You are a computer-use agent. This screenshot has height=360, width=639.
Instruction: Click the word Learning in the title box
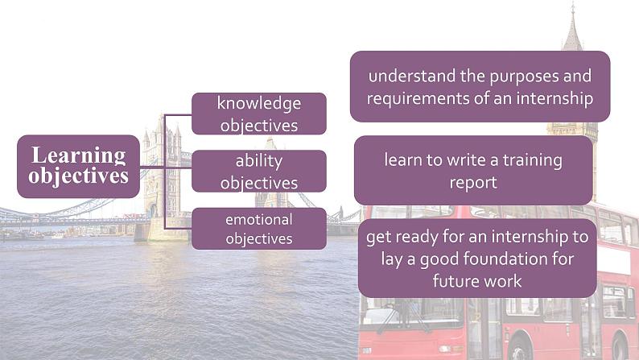[x=79, y=155]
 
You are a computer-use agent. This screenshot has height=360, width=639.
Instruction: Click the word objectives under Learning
[x=79, y=176]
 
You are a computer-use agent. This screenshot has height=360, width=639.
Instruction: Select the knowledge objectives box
[x=258, y=114]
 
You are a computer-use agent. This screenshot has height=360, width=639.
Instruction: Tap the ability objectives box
[x=258, y=171]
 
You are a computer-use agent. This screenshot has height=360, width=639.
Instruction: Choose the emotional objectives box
[x=258, y=229]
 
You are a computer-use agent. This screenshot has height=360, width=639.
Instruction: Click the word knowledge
[x=258, y=103]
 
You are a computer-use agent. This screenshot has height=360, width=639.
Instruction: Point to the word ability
[x=258, y=160]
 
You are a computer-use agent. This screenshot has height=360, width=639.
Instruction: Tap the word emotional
[x=258, y=219]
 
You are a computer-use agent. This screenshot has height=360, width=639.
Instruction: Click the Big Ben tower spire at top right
[x=572, y=28]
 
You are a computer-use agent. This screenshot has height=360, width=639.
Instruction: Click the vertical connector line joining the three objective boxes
[x=165, y=171]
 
